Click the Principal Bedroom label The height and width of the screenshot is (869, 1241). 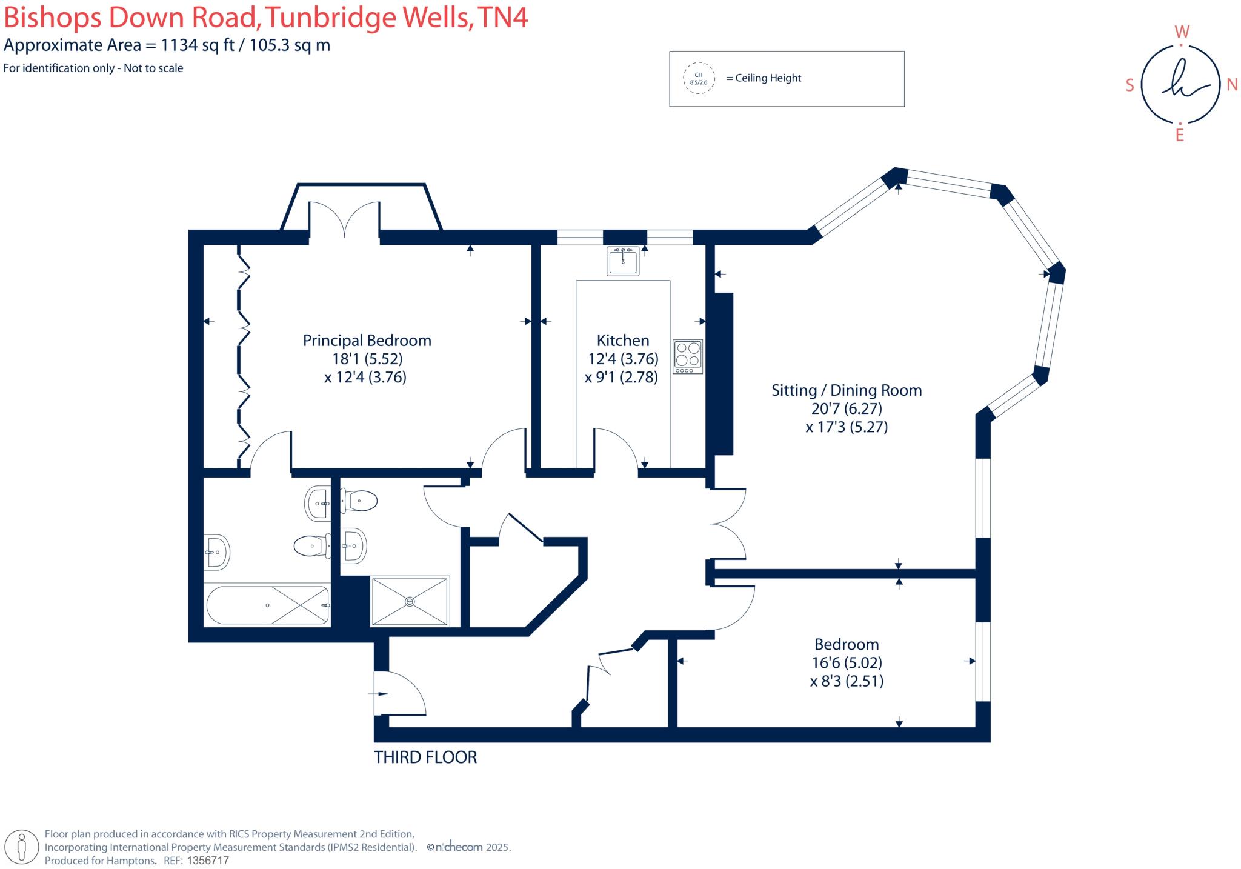pos(367,341)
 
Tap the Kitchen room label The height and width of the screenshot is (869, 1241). pos(622,341)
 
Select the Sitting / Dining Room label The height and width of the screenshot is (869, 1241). pos(846,390)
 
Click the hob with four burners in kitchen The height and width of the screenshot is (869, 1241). pos(688,356)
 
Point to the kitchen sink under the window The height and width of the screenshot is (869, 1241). pos(622,261)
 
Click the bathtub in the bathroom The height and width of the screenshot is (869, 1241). pos(268,605)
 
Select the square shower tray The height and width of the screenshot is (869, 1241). pos(410,601)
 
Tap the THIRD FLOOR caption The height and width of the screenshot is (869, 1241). pos(425,757)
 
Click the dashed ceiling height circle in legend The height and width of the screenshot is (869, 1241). pos(699,78)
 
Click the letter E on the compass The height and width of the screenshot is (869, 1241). pos(1179,136)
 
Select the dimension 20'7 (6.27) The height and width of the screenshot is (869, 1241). pos(847,409)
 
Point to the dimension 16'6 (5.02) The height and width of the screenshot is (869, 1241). pos(847,663)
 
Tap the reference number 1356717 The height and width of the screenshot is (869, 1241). pos(208,861)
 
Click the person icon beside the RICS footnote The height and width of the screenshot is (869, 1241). pos(22,847)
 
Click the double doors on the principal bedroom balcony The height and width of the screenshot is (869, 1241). pos(345,219)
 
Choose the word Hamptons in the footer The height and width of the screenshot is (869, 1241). pos(131,861)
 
